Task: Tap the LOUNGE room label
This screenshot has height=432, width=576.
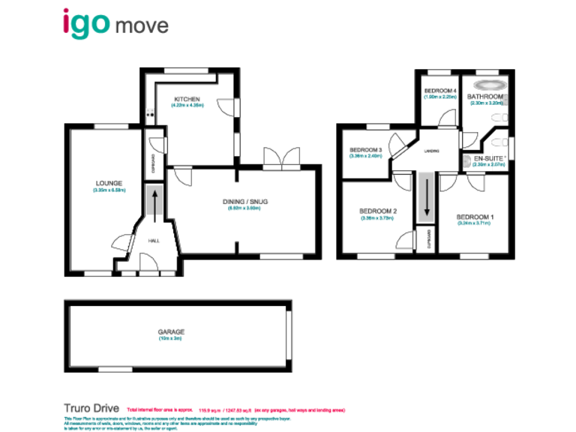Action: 109,182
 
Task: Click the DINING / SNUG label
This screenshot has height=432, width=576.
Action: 245,201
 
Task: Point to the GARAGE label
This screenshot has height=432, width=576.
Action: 171,331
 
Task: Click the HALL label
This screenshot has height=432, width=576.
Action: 154,241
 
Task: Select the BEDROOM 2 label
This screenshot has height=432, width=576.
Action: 378,211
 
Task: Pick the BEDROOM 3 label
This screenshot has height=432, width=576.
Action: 366,150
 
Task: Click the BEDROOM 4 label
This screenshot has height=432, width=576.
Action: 440,91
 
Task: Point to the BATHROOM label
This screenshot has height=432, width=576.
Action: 485,97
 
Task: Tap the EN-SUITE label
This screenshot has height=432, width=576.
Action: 487,158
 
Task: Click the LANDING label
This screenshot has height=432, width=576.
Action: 431,151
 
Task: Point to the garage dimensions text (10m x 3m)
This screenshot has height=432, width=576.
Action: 171,339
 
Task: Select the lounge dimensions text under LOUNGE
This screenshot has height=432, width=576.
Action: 109,190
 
